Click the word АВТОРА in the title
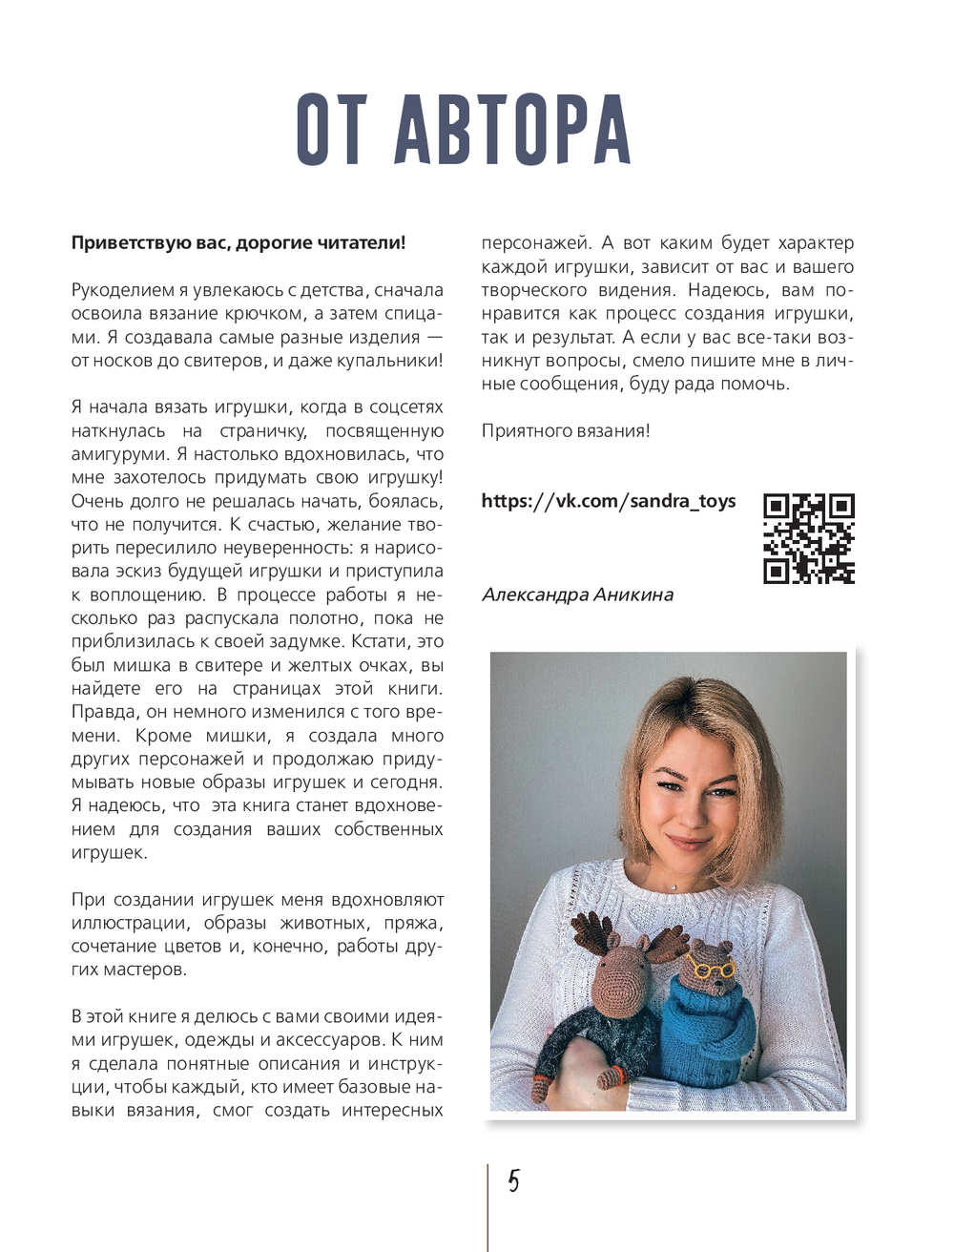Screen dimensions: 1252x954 512,131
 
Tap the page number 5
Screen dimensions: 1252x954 513,1181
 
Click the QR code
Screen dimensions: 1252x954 808,538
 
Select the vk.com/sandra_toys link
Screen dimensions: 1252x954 608,501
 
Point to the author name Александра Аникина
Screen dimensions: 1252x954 577,595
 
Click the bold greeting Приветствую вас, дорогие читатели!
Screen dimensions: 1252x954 238,242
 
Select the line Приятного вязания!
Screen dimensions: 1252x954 566,430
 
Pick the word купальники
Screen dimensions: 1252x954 393,361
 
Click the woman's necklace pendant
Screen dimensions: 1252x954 674,886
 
